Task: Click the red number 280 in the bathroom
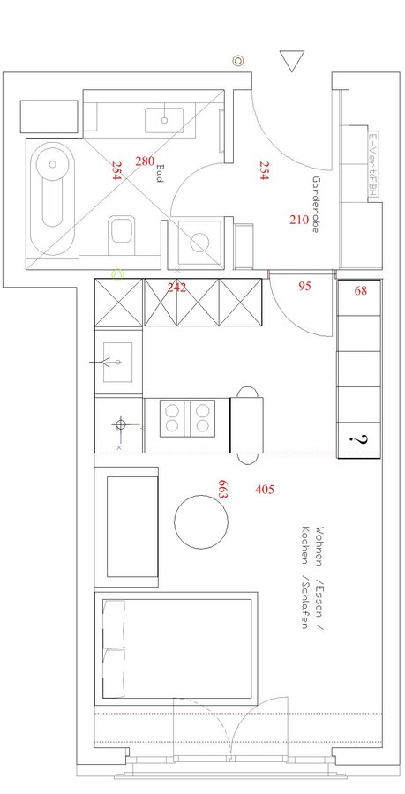click(x=145, y=161)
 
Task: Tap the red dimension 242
click(x=177, y=288)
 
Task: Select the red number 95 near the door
click(x=304, y=286)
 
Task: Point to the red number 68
click(x=360, y=290)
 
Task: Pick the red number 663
click(x=222, y=491)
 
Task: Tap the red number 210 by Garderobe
click(x=299, y=219)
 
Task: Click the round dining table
click(x=201, y=522)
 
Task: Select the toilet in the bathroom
click(x=122, y=234)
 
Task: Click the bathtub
click(x=52, y=199)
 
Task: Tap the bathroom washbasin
click(x=165, y=118)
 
